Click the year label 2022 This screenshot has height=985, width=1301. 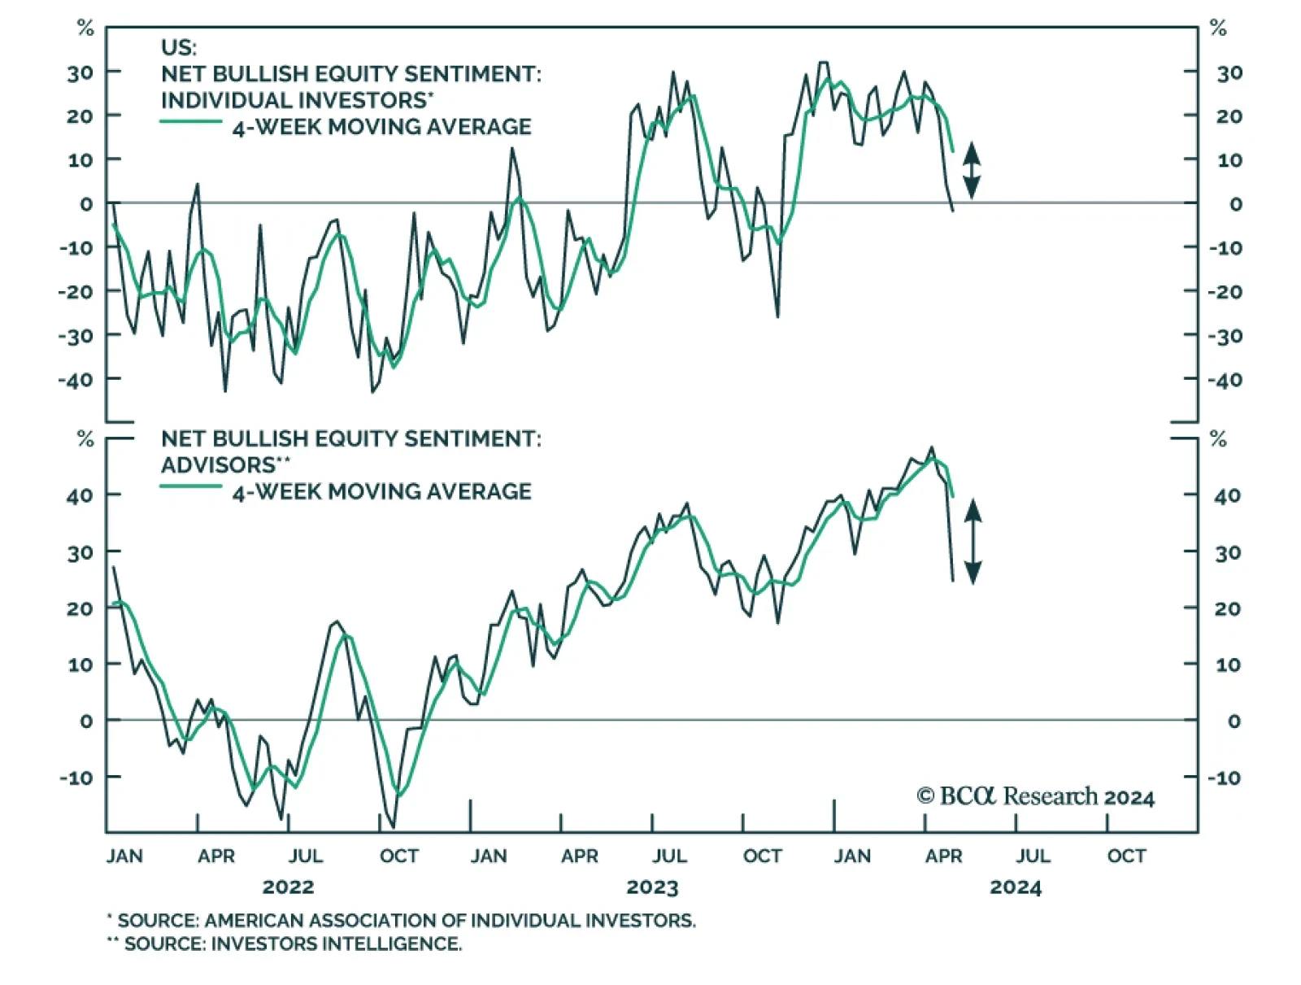pos(288,887)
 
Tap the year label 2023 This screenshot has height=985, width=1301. pos(652,887)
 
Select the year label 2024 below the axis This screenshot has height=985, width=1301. pos(1015,887)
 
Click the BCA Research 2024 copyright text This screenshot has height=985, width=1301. pos(1035,796)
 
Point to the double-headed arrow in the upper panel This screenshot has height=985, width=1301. pos(972,171)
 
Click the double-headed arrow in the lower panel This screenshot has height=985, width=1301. pos(972,541)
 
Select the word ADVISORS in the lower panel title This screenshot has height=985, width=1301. pos(219,465)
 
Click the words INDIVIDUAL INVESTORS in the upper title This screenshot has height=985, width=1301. pos(294,100)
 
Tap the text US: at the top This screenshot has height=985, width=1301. pos(179,47)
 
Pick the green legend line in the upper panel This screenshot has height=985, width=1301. pos(191,122)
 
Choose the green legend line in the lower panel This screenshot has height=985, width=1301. pos(191,486)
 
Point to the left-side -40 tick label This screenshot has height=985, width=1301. pos(76,379)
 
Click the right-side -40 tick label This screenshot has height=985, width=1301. pos(1225,380)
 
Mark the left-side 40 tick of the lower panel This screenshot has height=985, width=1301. pos(80,495)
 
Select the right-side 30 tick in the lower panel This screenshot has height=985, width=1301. pos(1227,553)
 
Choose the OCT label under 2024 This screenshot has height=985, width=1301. pos(1126,856)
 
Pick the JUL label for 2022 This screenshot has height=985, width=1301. pos(306,856)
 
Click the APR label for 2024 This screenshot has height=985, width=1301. pos(943,856)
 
